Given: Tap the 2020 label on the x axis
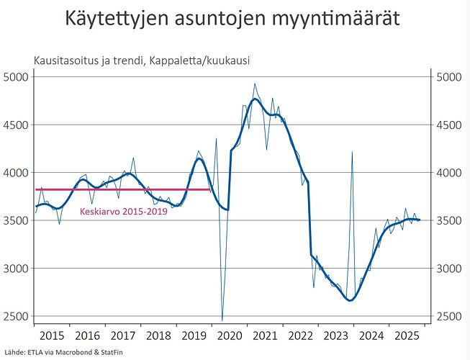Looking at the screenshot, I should tap(230, 336).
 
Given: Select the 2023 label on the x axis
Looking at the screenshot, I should tap(337, 336).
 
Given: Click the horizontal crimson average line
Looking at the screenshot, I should tap(122, 190).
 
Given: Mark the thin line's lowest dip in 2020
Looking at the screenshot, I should tap(222, 320).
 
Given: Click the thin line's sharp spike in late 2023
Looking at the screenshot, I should tap(352, 153).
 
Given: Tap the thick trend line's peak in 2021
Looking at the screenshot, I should tap(256, 99).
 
